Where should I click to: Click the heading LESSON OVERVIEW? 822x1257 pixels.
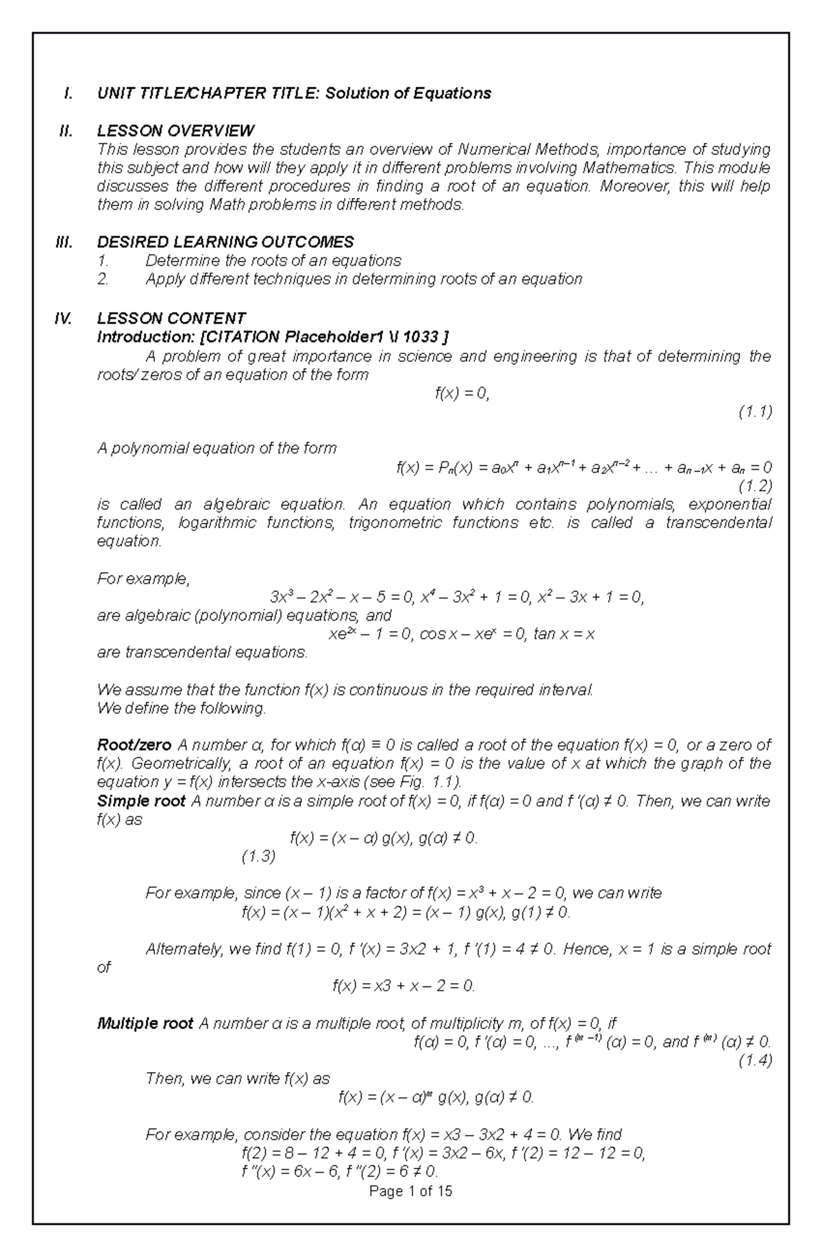[175, 131]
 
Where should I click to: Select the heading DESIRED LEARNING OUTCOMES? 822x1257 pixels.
[225, 242]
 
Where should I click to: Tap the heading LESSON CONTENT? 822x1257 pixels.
[171, 319]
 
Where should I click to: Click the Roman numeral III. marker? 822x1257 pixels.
[64, 242]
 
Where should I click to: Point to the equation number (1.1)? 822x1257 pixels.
[755, 412]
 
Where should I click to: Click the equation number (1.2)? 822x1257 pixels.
[755, 486]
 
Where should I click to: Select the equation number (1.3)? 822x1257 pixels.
[258, 856]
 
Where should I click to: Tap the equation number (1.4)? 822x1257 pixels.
[755, 1060]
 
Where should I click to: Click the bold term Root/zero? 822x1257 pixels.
[134, 745]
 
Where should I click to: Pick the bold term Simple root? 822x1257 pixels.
[141, 801]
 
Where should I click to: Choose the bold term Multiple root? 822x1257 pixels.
[145, 1023]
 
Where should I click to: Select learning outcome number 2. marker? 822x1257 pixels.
[103, 279]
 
